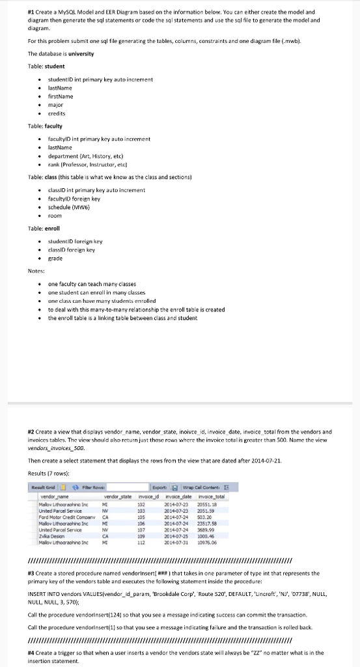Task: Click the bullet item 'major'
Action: [x=57, y=104]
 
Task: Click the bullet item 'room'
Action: [x=55, y=216]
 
